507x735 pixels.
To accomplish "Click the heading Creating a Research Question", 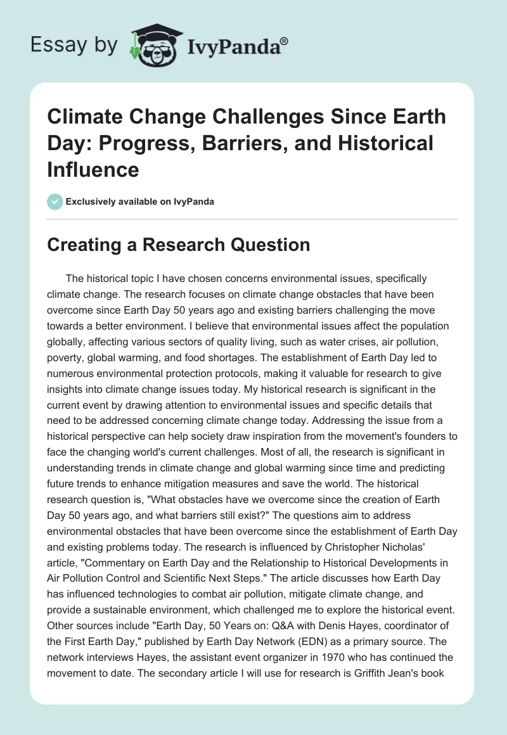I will [x=178, y=245].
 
